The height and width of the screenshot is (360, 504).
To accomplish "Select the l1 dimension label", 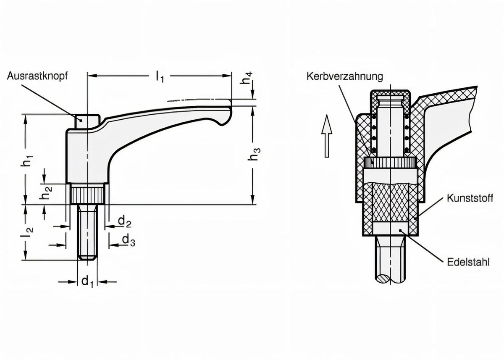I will (159, 76).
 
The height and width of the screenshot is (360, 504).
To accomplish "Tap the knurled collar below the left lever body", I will (87, 195).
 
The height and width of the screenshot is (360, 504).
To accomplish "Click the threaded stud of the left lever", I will (87, 232).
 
